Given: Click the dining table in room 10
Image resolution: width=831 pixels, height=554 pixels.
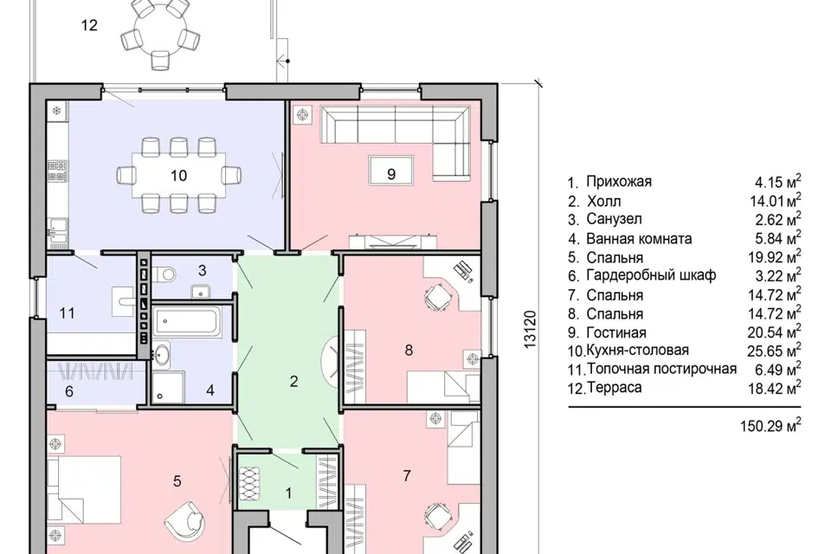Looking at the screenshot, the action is (178, 176).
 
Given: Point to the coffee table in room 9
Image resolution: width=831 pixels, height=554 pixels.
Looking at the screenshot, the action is (391, 171).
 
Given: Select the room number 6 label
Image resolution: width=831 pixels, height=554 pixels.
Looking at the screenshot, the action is (69, 392).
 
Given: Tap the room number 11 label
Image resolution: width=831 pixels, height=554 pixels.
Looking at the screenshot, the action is (68, 313).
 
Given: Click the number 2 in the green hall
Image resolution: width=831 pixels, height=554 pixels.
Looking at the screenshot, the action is (294, 381).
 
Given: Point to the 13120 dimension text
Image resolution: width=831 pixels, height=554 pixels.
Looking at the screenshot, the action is (530, 329).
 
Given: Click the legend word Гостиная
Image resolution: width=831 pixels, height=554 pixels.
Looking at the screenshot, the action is (616, 333).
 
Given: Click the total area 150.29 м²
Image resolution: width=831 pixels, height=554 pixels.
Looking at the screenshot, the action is (770, 425).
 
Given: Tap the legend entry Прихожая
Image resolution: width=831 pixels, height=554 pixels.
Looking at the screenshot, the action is (619, 182).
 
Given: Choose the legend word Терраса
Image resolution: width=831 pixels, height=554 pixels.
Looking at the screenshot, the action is (615, 388).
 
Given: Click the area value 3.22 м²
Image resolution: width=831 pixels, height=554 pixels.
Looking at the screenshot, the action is (778, 275).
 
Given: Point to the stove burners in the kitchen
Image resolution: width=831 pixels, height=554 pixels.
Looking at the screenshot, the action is (58, 171).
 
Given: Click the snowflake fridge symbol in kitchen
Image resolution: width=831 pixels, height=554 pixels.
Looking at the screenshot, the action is (57, 112).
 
